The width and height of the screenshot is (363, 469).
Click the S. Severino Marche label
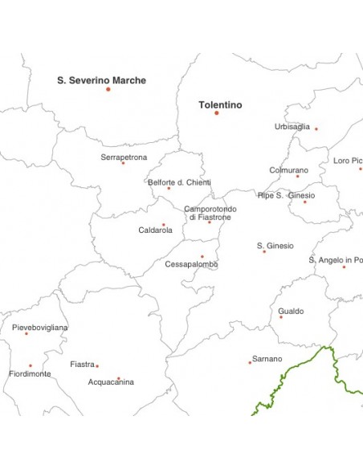[101, 80]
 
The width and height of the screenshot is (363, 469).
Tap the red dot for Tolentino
[216, 112]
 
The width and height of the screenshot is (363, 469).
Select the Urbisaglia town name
[292, 126]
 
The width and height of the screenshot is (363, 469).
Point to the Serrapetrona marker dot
[123, 163]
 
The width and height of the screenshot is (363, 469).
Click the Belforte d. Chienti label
[179, 182]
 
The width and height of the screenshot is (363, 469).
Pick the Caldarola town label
[155, 230]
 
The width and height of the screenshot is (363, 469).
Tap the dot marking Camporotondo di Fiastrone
[210, 222]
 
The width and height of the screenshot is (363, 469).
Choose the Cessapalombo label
[191, 264]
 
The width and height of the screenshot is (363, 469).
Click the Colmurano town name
[288, 170]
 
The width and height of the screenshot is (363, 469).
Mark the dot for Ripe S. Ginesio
[304, 202]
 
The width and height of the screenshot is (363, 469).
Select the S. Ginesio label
[275, 246]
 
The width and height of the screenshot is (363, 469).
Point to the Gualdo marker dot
[280, 317]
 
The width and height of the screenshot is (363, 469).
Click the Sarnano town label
[267, 358]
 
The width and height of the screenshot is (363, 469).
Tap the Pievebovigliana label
[40, 328]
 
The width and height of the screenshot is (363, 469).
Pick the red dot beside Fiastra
[97, 366]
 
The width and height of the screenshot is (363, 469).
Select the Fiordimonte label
[30, 374]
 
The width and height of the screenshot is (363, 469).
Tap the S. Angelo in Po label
[336, 260]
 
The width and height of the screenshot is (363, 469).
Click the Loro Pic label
[347, 161]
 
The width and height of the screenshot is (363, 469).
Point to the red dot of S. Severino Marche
[108, 89]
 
